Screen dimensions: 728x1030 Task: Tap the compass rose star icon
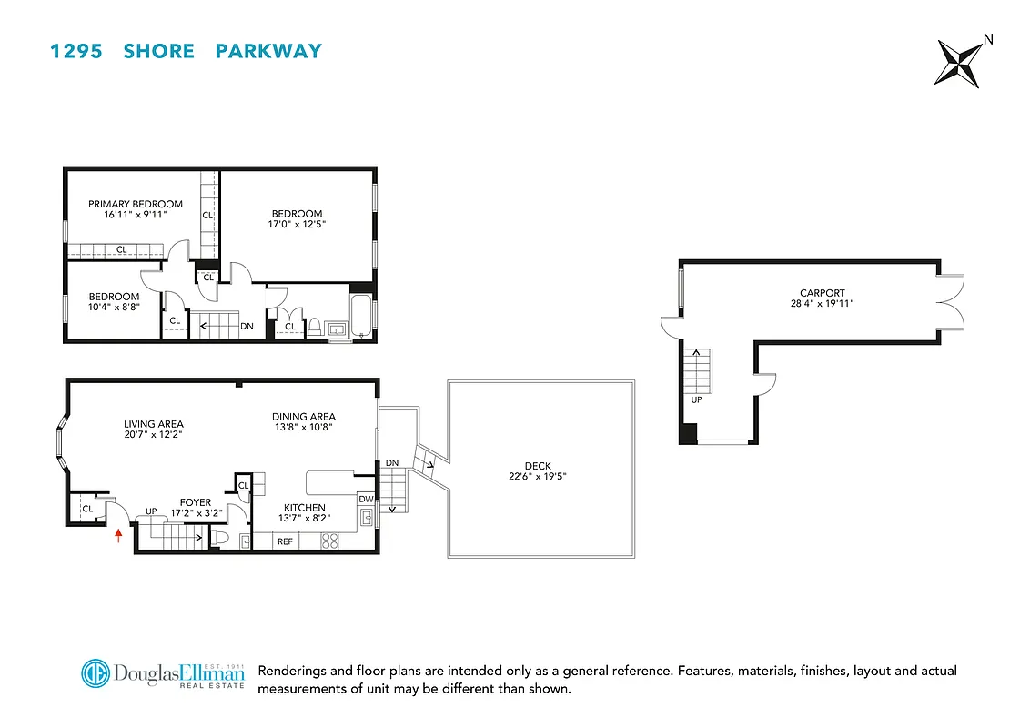click(x=957, y=63)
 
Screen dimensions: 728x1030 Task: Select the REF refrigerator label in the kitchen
click(x=286, y=541)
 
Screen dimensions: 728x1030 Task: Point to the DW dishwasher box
click(x=366, y=499)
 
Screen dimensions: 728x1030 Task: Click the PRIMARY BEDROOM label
click(x=136, y=204)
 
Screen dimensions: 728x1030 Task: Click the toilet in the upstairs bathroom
click(x=315, y=326)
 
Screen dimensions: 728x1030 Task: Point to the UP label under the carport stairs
click(x=698, y=399)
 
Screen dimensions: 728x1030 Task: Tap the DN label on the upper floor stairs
click(x=247, y=326)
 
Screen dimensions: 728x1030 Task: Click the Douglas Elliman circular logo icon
click(x=96, y=675)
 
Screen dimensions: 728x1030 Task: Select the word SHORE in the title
click(x=158, y=51)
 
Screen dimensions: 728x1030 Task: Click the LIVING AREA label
click(x=154, y=424)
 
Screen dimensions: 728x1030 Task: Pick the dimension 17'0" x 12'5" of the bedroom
click(x=297, y=224)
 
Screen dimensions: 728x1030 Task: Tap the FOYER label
click(x=196, y=502)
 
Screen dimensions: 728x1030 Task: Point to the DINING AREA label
click(x=304, y=417)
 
